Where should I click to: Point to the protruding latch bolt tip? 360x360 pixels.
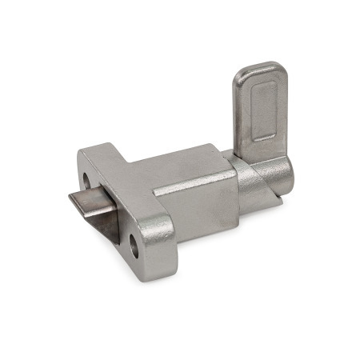click(80, 200)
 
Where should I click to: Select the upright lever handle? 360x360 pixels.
click(258, 112)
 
